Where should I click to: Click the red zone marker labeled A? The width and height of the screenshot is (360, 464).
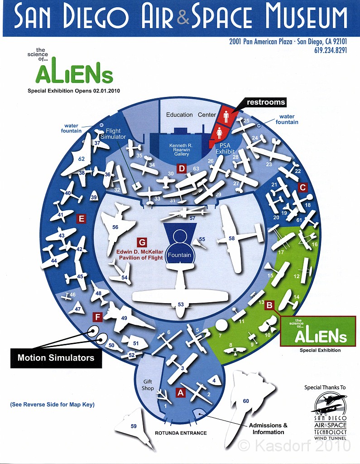pos(180,393)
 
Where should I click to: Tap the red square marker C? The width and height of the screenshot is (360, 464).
pos(303,187)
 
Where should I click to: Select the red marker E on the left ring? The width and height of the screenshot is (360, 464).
pos(82,219)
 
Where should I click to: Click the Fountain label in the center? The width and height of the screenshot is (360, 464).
pos(179,255)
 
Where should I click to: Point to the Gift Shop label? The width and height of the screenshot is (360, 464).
pos(148,385)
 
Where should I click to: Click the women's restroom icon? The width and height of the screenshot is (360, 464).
pos(220,132)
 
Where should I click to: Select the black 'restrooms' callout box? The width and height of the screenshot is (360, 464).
pos(266,102)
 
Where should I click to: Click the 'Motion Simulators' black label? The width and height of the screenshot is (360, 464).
pos(56,358)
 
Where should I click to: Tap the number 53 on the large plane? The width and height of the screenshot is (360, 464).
pos(181,304)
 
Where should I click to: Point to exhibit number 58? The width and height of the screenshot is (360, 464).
pos(231,238)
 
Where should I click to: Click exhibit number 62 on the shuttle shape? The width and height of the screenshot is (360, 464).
pos(82,159)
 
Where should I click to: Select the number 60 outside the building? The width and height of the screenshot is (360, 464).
pos(246,401)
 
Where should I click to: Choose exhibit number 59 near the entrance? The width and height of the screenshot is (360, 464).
pos(134,426)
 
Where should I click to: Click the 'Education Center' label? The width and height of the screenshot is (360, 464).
pos(191,115)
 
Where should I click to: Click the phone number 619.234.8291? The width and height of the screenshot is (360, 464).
pos(330,50)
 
